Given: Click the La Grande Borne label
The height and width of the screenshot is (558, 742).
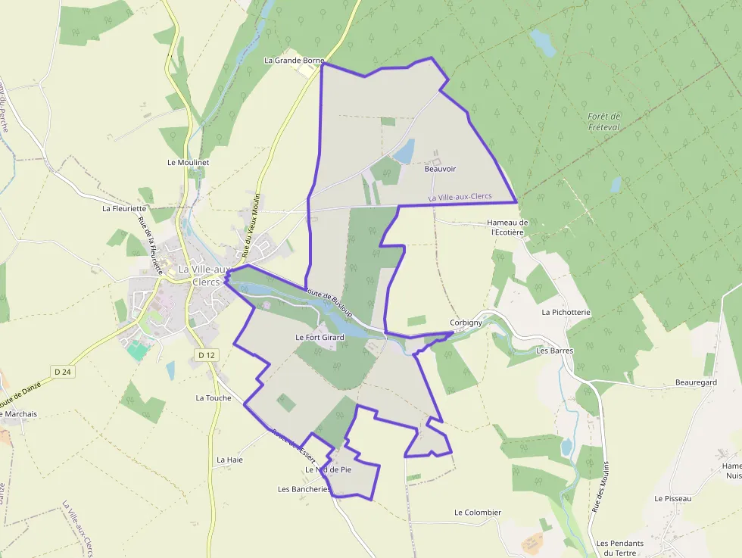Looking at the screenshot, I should (x=294, y=61).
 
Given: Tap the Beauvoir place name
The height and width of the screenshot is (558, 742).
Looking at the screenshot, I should (x=440, y=170).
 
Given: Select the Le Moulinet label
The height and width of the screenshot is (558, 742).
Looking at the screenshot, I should (x=188, y=162).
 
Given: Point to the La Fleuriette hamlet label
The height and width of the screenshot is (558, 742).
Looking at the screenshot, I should (x=124, y=208).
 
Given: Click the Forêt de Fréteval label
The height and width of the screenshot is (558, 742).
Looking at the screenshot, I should (x=603, y=121).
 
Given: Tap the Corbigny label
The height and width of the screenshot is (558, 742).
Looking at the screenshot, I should (x=466, y=323).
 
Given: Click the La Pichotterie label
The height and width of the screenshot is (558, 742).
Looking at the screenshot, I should (x=566, y=312).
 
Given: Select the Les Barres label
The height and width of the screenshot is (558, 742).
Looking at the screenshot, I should (x=554, y=351).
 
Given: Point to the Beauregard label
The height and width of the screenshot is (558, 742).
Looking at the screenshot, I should (x=696, y=383).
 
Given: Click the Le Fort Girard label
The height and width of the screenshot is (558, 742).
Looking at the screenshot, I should (x=320, y=338).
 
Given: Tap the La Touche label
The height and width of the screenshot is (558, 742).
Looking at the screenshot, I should (x=214, y=397).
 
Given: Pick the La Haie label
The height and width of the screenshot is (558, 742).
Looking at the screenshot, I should (x=229, y=460).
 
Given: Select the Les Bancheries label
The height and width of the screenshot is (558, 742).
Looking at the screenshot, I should (x=304, y=489).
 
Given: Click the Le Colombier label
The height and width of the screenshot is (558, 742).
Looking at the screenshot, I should (x=478, y=513).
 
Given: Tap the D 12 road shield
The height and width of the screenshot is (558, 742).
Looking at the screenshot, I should (x=206, y=355).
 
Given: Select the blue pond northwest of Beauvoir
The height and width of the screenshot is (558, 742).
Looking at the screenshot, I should (x=404, y=151).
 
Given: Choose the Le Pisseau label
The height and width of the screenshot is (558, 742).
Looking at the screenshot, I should (x=673, y=499).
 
